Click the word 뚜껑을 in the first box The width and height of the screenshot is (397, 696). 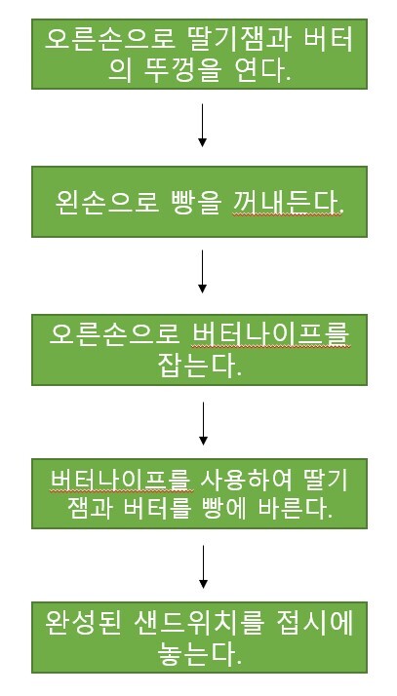click(182, 70)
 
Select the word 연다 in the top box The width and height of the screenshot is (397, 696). click(261, 70)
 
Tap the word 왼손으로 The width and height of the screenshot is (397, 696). click(107, 203)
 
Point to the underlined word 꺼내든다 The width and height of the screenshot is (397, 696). click(288, 203)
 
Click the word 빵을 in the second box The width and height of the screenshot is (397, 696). click(195, 203)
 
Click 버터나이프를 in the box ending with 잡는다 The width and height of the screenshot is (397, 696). click(271, 334)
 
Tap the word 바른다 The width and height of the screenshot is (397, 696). click(296, 509)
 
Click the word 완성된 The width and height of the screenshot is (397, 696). click(83, 623)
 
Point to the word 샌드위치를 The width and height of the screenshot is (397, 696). click(199, 623)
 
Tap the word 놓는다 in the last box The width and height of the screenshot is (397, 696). click(199, 652)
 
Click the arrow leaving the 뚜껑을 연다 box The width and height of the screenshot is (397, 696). click(202, 125)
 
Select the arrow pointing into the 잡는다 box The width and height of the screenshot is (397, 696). click(202, 271)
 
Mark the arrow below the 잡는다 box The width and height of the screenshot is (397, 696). click(203, 423)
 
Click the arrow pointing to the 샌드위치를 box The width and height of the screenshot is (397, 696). click(203, 566)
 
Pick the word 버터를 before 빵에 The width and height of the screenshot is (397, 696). click(152, 509)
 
